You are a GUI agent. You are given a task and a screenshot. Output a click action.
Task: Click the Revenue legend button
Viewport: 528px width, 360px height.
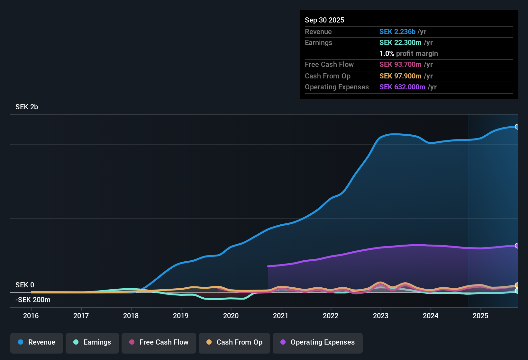pos(37,342)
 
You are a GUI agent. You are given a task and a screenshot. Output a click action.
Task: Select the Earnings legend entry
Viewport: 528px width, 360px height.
pos(92,342)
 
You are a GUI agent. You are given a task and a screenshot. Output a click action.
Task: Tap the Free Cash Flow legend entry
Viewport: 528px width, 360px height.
pos(159,342)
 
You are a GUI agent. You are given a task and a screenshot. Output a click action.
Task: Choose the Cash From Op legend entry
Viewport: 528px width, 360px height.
pos(234,342)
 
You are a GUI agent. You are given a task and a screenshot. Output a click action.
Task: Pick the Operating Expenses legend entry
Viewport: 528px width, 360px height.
pos(318,342)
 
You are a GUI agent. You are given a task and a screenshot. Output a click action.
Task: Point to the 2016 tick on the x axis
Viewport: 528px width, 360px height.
pos(31,316)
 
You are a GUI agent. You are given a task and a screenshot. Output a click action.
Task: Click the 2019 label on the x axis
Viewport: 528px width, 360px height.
pos(181,316)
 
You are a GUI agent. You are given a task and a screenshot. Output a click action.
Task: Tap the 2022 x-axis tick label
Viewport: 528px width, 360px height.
pos(331,316)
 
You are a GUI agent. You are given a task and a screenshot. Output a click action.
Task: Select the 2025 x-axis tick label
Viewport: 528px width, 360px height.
pos(480,316)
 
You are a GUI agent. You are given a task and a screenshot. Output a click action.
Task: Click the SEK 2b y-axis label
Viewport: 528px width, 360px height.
pos(27,107)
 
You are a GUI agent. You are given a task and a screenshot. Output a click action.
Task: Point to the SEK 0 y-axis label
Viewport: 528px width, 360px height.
pos(25,285)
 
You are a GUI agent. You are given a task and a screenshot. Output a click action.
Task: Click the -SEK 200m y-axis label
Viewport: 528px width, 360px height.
pos(33,300)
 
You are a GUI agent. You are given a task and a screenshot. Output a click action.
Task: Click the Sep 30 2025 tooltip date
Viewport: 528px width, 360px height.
pos(324,20)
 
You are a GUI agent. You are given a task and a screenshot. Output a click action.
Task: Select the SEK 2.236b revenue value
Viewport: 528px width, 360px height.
pos(397,32)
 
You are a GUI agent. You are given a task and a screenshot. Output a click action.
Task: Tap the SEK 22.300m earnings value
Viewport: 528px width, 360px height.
pos(400,43)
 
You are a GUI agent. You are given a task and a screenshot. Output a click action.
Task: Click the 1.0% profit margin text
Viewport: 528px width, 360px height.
pos(409,54)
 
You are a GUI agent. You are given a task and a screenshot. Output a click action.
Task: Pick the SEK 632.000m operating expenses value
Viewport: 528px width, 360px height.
pos(402,87)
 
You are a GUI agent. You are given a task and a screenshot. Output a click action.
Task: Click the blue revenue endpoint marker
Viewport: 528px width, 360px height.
pos(517,127)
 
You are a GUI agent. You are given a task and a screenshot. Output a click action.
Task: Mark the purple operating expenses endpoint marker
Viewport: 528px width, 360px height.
pos(517,246)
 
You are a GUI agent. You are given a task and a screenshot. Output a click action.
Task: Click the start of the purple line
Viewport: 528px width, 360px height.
pos(269,266)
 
